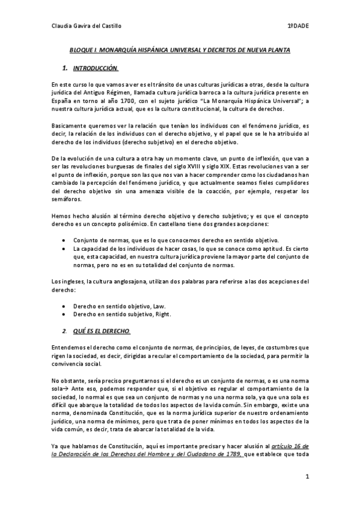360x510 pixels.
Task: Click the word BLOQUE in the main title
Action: tap(79, 51)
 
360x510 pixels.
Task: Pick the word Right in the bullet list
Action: tap(163, 314)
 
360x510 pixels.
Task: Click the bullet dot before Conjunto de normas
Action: tap(64, 239)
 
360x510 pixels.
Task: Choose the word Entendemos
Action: tap(70, 347)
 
